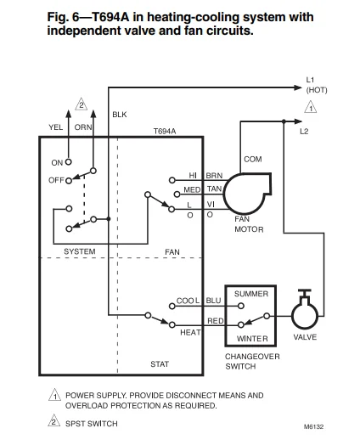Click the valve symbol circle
(304, 315)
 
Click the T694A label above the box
(164, 132)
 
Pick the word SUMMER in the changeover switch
(250, 294)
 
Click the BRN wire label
(214, 175)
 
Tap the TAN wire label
(214, 189)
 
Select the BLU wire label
(213, 301)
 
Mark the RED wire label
(215, 321)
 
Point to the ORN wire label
(82, 127)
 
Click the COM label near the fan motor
(252, 159)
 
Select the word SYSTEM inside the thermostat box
(80, 252)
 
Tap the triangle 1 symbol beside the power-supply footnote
(54, 397)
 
